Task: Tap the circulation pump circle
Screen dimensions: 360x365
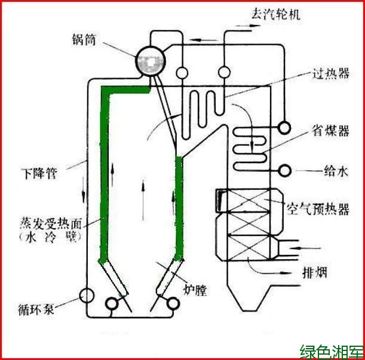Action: coord(87,294)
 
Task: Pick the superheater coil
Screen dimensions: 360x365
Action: coord(204,106)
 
